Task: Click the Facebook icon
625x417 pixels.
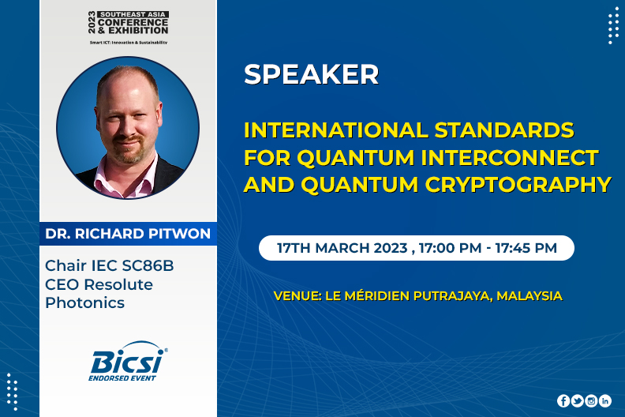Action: click(x=563, y=400)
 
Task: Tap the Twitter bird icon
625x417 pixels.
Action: click(x=577, y=400)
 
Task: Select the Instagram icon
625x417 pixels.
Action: click(x=591, y=400)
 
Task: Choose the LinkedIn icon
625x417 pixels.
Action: click(x=605, y=400)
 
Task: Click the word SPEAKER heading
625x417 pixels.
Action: click(x=311, y=74)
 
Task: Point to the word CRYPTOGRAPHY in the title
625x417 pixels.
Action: click(x=518, y=185)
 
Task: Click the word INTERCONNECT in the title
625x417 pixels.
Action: click(x=510, y=157)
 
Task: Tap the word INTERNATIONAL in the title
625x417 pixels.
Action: click(x=336, y=130)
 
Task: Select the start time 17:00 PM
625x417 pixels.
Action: click(x=450, y=248)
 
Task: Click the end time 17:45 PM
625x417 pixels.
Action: click(x=526, y=248)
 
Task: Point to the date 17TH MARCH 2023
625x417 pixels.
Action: click(x=342, y=248)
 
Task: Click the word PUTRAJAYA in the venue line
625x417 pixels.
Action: click(x=452, y=296)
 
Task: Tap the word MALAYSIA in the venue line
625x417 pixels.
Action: click(x=530, y=296)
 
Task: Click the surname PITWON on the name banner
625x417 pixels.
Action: click(x=179, y=234)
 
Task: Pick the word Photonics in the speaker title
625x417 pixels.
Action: click(x=85, y=302)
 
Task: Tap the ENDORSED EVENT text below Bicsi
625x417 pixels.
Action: click(x=122, y=378)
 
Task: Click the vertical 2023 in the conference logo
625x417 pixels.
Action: click(x=92, y=22)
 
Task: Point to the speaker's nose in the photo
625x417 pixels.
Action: click(x=129, y=127)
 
